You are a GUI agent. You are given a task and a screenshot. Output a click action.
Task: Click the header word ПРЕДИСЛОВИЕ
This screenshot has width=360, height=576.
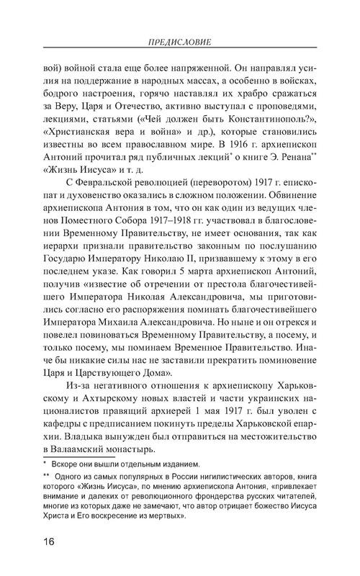(x=180, y=41)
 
